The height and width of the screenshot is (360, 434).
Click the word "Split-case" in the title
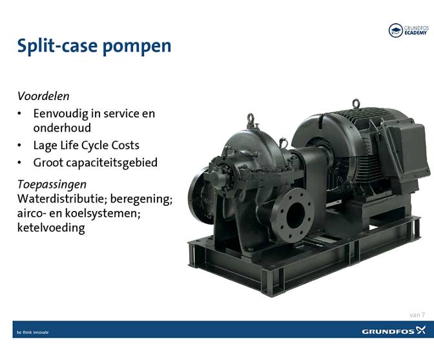[53, 46]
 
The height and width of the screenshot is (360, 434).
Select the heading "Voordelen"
[43, 96]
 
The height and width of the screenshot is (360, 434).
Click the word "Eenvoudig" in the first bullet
[62, 114]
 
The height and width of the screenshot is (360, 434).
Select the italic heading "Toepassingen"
[52, 184]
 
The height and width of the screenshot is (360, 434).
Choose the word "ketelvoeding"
[50, 228]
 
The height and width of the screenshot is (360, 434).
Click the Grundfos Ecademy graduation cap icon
[395, 30]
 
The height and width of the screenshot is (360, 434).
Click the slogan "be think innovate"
[33, 332]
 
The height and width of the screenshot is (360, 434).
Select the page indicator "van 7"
[417, 314]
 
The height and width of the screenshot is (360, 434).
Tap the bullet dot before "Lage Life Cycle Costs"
[20, 145]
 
